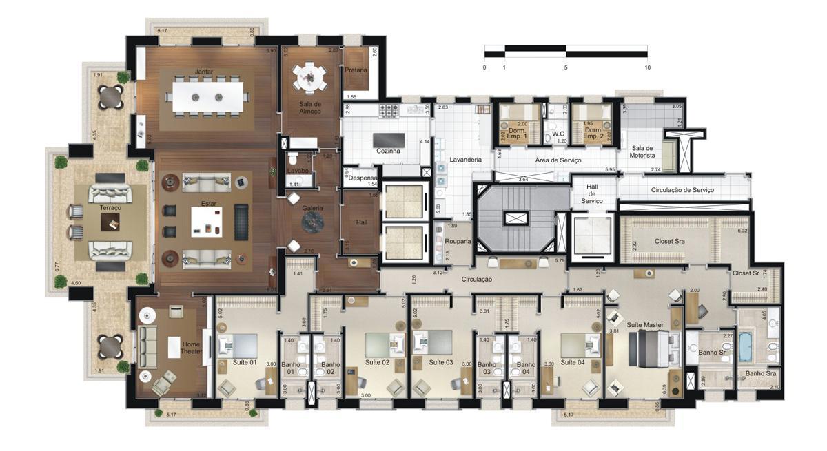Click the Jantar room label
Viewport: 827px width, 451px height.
click(203, 72)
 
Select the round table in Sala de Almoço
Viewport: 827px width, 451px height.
click(310, 76)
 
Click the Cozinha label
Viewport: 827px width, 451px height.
click(388, 151)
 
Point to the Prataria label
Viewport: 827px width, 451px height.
click(356, 70)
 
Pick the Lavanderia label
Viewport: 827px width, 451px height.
click(465, 160)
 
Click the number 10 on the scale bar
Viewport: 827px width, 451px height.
click(647, 67)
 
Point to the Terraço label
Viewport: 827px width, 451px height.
click(110, 207)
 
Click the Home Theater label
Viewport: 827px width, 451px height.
click(192, 347)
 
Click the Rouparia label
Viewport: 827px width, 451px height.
click(458, 242)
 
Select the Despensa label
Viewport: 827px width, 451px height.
click(362, 178)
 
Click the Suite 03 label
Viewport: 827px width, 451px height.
click(441, 362)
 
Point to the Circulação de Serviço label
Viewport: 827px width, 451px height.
click(682, 189)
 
